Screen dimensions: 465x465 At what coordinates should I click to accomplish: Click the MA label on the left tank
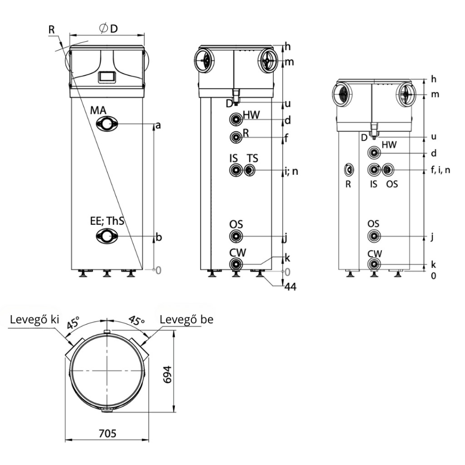98,110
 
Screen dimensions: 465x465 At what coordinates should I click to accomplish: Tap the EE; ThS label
107,221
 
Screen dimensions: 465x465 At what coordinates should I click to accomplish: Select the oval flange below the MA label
107,124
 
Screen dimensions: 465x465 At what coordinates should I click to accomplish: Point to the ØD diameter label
109,29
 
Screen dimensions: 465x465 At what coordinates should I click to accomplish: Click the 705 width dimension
107,434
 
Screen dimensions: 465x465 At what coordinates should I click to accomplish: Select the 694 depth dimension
168,375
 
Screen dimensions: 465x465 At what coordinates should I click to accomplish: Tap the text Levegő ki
35,319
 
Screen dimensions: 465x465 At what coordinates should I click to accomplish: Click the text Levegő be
187,319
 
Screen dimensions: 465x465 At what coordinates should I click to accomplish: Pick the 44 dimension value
290,287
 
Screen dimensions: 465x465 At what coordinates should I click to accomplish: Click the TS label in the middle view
252,158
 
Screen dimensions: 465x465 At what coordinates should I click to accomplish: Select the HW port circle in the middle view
236,119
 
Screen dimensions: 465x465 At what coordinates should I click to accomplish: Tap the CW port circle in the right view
374,264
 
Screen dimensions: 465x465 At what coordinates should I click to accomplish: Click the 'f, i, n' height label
440,170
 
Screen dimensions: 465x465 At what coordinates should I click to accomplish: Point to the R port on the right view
349,170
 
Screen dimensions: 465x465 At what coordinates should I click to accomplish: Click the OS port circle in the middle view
236,236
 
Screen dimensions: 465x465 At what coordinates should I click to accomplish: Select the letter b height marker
158,237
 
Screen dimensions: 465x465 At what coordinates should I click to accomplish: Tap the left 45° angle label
73,323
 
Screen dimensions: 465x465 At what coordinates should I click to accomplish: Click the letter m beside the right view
435,94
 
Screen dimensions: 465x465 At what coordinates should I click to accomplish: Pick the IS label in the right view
374,184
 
